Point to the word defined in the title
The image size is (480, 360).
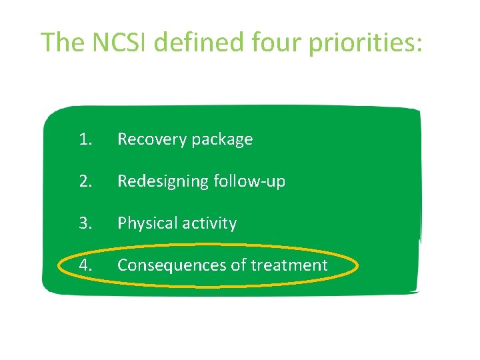(205, 42)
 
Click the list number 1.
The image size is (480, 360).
(85, 139)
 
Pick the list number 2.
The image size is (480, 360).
(85, 181)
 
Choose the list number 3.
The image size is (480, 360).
(85, 223)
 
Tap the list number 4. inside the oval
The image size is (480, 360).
(85, 265)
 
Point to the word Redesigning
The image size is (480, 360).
(161, 182)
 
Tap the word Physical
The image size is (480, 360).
(144, 223)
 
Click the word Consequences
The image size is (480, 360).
(171, 265)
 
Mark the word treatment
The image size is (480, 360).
(289, 265)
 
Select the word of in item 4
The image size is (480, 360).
(238, 265)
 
